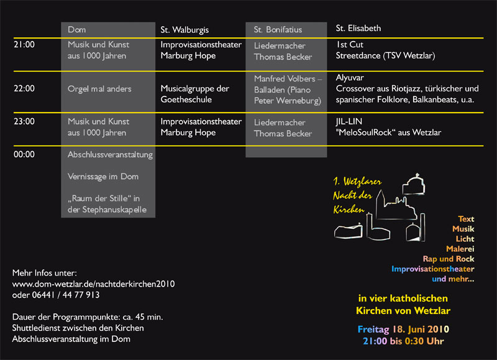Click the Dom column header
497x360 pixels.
pyautogui.click(x=76, y=30)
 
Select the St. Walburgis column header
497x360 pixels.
pyautogui.click(x=185, y=30)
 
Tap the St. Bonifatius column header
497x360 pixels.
pyautogui.click(x=278, y=30)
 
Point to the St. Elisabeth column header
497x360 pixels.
pyautogui.click(x=358, y=28)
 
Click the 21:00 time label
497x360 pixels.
pyautogui.click(x=24, y=45)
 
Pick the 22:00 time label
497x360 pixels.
pyautogui.click(x=24, y=88)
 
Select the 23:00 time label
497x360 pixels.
pyautogui.click(x=24, y=121)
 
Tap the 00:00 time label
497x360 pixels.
pyautogui.click(x=24, y=154)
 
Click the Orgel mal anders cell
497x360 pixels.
pyautogui.click(x=99, y=89)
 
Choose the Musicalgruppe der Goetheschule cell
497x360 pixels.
pyautogui.click(x=194, y=94)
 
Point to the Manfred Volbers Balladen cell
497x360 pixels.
pyautogui.click(x=288, y=90)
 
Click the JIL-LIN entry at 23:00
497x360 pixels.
pyautogui.click(x=388, y=127)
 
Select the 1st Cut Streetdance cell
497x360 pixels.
pyautogui.click(x=385, y=50)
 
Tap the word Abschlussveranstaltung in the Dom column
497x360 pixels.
pyautogui.click(x=110, y=155)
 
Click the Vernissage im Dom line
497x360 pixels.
pyautogui.click(x=103, y=177)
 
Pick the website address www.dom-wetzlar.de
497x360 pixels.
pyautogui.click(x=94, y=284)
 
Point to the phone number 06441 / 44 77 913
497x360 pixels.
pyautogui.click(x=66, y=295)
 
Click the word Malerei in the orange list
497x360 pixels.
pyautogui.click(x=460, y=249)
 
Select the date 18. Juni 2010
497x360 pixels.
pyautogui.click(x=421, y=330)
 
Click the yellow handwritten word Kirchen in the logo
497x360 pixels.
pyautogui.click(x=349, y=210)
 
